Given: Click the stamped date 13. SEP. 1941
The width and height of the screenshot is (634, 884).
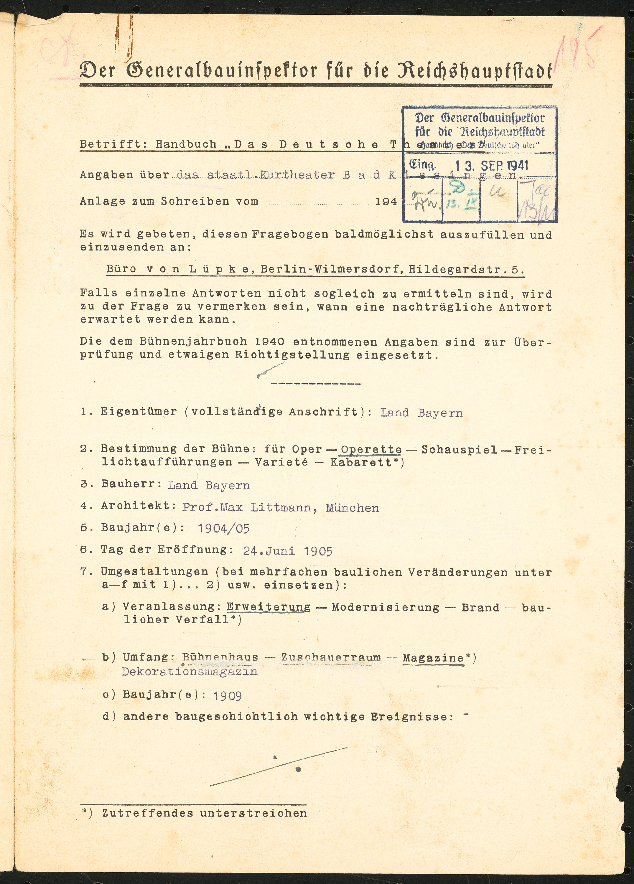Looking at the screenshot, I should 492,166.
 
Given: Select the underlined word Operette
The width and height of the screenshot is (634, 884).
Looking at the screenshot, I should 371,449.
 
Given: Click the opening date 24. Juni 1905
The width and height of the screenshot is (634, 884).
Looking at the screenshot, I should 288,551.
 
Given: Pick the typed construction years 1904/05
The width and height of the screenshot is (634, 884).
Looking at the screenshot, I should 223,529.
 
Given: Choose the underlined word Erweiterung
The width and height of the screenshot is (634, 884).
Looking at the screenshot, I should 269,607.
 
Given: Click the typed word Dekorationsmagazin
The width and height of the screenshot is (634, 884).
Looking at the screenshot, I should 190,671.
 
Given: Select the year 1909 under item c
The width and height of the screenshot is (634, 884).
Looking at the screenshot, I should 227,696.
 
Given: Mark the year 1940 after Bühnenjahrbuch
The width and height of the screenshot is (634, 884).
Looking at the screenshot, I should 269,342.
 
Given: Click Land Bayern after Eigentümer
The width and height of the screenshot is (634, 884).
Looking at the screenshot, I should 421,412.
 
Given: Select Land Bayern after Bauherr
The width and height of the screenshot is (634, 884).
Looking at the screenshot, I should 209,485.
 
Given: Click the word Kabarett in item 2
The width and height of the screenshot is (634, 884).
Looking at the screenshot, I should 361,462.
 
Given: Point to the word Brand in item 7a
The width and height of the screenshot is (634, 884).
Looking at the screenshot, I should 480,608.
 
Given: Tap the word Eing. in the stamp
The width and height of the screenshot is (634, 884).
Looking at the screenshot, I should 423,165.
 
